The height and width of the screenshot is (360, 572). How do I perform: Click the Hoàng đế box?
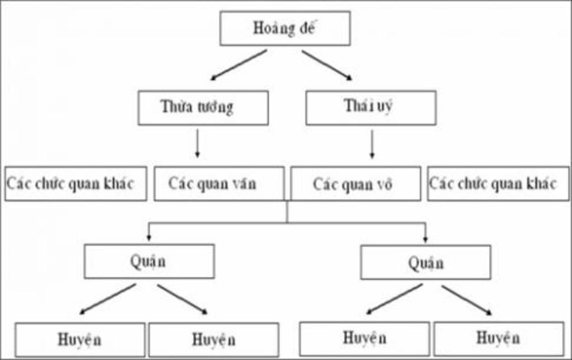pos(285,29)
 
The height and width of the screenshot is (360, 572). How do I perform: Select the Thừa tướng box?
pos(203,108)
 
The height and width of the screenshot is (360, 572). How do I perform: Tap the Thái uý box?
pos(371,108)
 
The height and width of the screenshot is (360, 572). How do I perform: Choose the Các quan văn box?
pos(219,184)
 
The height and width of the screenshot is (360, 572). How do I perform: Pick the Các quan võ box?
pos(356,184)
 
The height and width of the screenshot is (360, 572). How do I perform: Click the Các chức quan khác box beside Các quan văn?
pos(76,184)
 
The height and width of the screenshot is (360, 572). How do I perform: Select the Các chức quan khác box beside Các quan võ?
pos(498,184)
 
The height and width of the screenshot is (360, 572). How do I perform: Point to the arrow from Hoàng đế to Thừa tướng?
pos(239,65)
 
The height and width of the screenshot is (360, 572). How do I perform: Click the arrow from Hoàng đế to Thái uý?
pos(327,65)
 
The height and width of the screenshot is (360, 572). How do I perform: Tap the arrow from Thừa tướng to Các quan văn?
pos(197,143)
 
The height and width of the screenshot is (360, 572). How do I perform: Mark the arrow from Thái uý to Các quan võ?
pos(371,144)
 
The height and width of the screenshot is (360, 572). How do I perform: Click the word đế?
pos(307,28)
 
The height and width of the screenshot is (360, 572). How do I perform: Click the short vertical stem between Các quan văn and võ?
pos(287,211)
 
